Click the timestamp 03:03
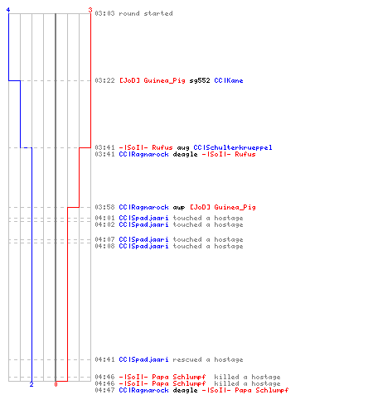[104, 13]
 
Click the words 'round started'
[146, 13]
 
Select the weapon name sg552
[200, 80]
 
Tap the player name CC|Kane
[229, 80]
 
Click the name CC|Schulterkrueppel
[233, 147]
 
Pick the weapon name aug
[183, 148]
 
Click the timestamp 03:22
[104, 80]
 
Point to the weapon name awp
[179, 208]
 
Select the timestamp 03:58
[104, 207]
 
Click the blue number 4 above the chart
[8, 10]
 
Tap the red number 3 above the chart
[90, 10]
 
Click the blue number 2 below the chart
[31, 384]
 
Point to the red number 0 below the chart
[56, 384]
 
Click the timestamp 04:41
[104, 359]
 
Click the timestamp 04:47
[104, 390]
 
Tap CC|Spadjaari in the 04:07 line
[143, 239]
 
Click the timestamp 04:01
[104, 218]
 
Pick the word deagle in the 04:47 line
[185, 391]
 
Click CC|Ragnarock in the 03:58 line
[143, 207]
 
